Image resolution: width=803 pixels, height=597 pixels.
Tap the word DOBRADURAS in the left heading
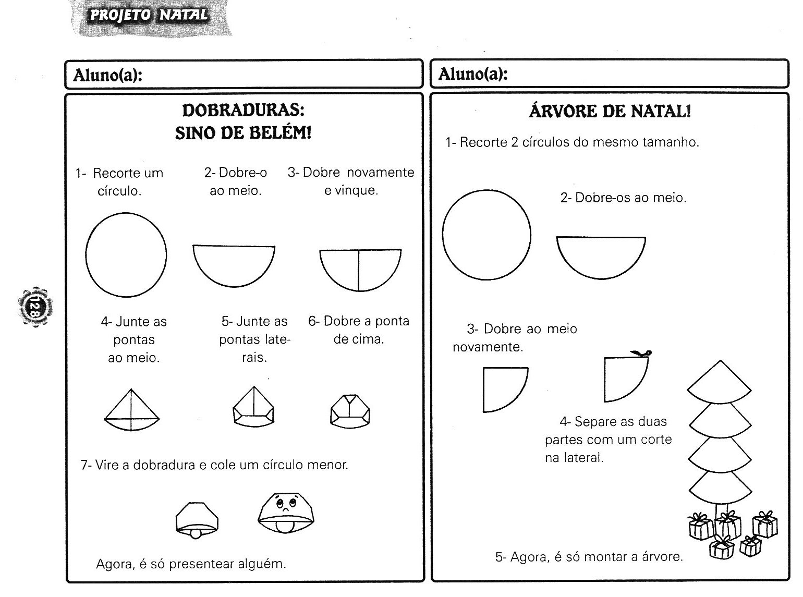point(242,110)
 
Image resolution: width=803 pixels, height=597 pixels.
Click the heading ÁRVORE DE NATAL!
point(610,111)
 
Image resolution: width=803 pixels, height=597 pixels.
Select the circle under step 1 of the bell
point(126,254)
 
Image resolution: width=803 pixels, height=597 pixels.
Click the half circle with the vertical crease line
point(360,269)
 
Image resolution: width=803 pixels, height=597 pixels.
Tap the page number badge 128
point(35,306)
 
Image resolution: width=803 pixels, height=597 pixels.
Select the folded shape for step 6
point(350,410)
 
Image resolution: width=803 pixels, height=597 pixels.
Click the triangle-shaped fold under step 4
point(131,410)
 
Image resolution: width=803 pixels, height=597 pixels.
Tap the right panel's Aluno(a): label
point(473,74)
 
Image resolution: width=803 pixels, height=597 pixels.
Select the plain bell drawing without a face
point(197,520)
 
